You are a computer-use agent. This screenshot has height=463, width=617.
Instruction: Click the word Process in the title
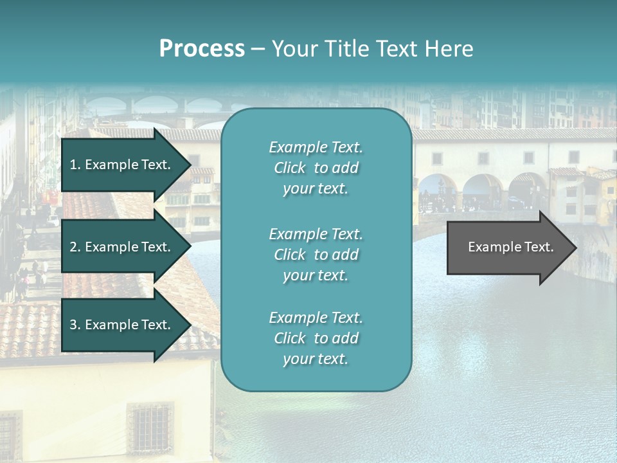coord(202,49)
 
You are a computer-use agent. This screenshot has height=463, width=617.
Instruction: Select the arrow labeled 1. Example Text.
coord(122,165)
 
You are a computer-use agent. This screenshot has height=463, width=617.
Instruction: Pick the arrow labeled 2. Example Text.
coord(122,247)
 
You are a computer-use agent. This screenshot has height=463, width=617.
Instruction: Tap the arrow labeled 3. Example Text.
coord(122,325)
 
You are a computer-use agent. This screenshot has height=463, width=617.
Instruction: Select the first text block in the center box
coord(316,168)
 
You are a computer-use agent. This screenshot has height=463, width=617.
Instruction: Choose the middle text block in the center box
coord(316,255)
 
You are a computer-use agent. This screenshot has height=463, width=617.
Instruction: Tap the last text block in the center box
coord(316,338)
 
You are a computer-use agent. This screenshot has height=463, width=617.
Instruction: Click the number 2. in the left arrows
coord(75,247)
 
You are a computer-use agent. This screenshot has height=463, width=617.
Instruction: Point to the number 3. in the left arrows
coord(75,325)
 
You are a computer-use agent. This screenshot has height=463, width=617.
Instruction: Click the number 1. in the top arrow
coord(75,165)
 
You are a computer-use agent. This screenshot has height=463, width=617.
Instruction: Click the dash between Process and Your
coord(258,49)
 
